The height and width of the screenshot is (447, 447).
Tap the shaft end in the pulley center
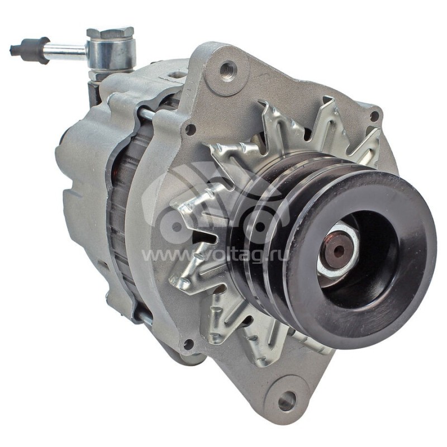tap(338, 250)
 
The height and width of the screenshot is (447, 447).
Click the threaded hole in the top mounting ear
tap(228, 70)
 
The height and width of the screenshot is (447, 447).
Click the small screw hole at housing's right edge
tap(374, 116)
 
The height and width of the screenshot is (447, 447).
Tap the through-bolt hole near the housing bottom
tap(188, 344)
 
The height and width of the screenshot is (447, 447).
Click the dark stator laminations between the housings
tap(120, 223)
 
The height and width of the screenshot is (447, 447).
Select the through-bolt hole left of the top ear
tap(190, 129)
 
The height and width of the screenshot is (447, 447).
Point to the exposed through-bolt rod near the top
tap(146, 114)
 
